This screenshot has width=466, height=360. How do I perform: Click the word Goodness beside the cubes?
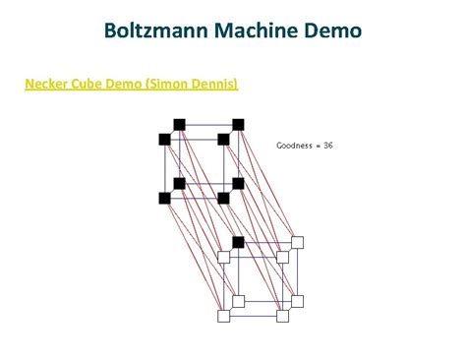pos(295,145)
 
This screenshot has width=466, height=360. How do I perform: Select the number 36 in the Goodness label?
pos(328,145)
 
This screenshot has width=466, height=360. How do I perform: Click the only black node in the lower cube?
pos(238,242)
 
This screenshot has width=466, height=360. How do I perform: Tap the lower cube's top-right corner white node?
pos(297,242)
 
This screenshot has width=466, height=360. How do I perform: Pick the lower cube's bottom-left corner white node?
pos(223,316)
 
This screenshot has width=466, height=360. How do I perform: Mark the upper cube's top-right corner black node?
pos(238,124)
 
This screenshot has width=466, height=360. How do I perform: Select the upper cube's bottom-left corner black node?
pos(164,198)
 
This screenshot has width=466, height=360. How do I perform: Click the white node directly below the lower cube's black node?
pos(238,301)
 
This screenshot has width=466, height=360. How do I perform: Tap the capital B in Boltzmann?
pos(109,31)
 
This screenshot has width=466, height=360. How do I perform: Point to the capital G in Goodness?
pos(279,145)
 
